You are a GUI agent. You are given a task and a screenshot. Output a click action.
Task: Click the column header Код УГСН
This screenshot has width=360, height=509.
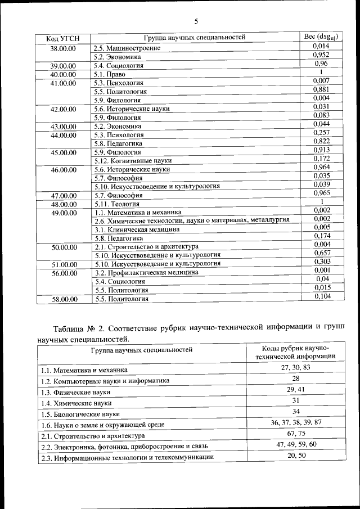[x=63, y=38]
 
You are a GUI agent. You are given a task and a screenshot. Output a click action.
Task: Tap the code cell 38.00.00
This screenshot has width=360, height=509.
[x=63, y=48]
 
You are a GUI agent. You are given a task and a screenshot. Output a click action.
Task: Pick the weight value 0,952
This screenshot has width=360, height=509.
[x=321, y=55]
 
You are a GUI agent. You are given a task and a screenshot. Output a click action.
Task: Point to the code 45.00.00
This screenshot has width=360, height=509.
[x=63, y=152]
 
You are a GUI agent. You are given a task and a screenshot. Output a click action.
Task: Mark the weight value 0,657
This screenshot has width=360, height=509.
[x=321, y=253]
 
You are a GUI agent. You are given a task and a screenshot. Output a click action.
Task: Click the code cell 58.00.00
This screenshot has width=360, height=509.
[x=63, y=299]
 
